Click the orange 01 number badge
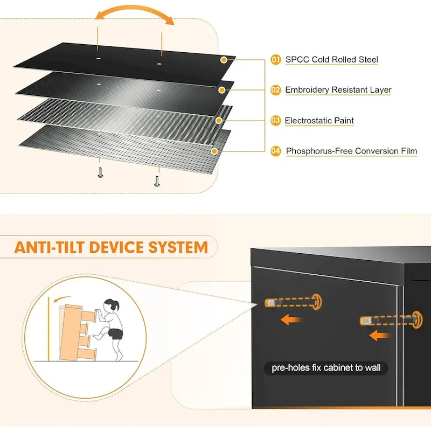[275, 60]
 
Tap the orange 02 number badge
[275, 90]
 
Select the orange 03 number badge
[275, 121]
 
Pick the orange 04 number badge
[275, 151]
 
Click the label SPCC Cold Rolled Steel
[331, 60]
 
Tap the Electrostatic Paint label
[319, 121]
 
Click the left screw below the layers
[100, 172]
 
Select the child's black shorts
[115, 333]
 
